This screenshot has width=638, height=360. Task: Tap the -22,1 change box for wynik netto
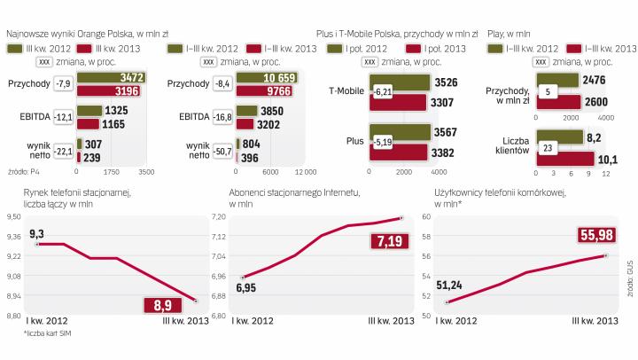(62, 150)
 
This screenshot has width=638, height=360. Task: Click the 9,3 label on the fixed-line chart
(36, 232)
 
